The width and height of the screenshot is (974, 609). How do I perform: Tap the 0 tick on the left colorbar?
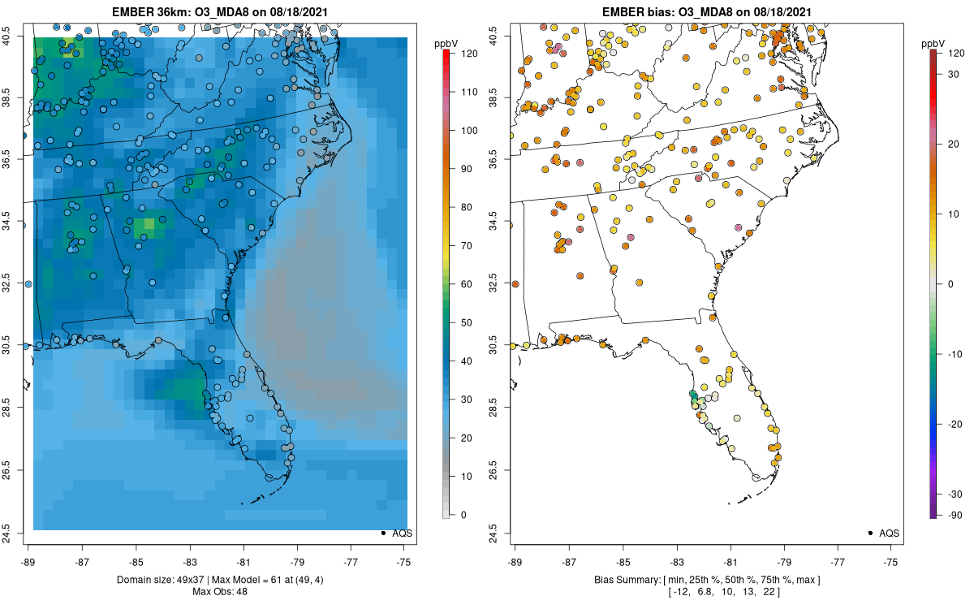coord(462,515)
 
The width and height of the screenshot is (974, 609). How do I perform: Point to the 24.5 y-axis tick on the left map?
coord(17,533)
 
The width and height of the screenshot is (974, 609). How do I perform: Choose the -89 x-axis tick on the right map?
coord(515,561)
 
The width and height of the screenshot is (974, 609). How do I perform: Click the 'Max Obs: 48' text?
coord(219,591)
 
